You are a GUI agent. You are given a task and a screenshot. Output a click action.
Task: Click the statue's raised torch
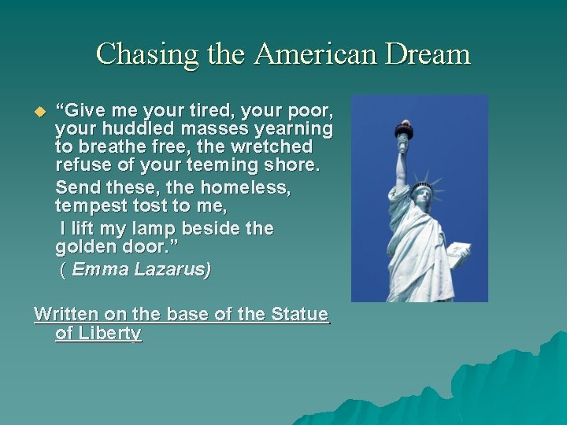point(404,131)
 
